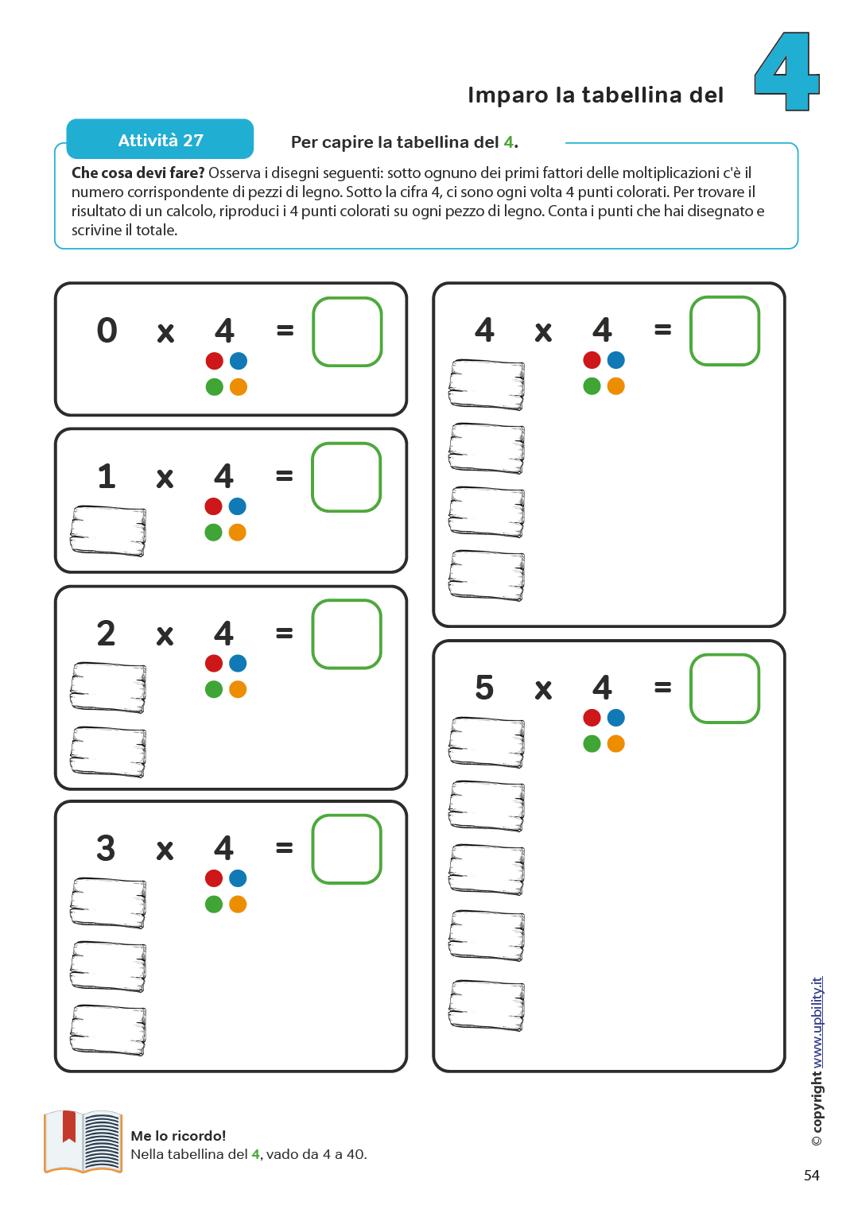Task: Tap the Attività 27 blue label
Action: coord(160,140)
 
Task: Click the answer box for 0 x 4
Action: coord(347,331)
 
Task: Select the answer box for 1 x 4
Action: coord(347,477)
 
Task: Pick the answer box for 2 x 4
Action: coord(347,634)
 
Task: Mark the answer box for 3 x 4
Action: coord(347,849)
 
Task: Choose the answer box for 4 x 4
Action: coord(724,331)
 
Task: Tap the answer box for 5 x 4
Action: coord(724,688)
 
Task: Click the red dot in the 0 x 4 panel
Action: coord(215,361)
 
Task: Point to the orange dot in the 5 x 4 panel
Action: coord(615,744)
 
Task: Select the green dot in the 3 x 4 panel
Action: coord(214,904)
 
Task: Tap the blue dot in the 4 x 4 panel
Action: coord(615,360)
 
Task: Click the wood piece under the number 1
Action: coord(108,530)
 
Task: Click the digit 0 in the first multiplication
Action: coord(107,331)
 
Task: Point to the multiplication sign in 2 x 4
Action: coord(165,636)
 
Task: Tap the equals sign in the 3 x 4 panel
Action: coord(284,848)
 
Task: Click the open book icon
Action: coord(83,1141)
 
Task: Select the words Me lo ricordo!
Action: coord(178,1136)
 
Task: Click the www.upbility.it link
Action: coord(817,1022)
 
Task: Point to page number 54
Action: coord(811,1175)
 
